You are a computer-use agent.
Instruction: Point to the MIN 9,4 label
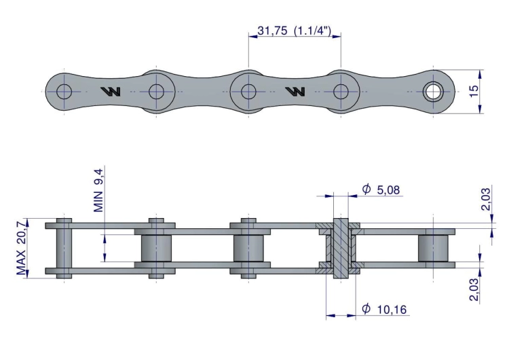click(x=99, y=192)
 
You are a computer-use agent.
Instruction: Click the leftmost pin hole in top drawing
click(x=64, y=91)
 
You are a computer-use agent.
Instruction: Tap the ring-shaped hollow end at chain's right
click(x=432, y=91)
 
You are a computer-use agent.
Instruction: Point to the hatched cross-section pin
click(x=337, y=248)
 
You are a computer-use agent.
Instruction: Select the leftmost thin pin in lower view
click(x=64, y=248)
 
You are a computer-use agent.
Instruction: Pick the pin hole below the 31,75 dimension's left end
click(x=248, y=91)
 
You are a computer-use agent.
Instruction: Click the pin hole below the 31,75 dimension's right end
click(x=340, y=91)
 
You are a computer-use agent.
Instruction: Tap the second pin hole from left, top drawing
click(x=157, y=91)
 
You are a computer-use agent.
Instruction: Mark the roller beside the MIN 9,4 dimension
click(x=157, y=248)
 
